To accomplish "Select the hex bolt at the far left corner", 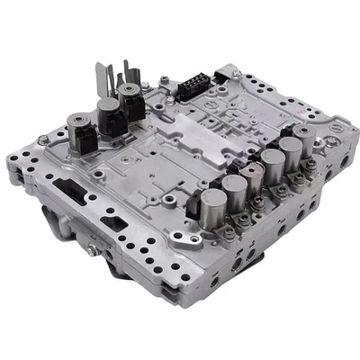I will point(43,140).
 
